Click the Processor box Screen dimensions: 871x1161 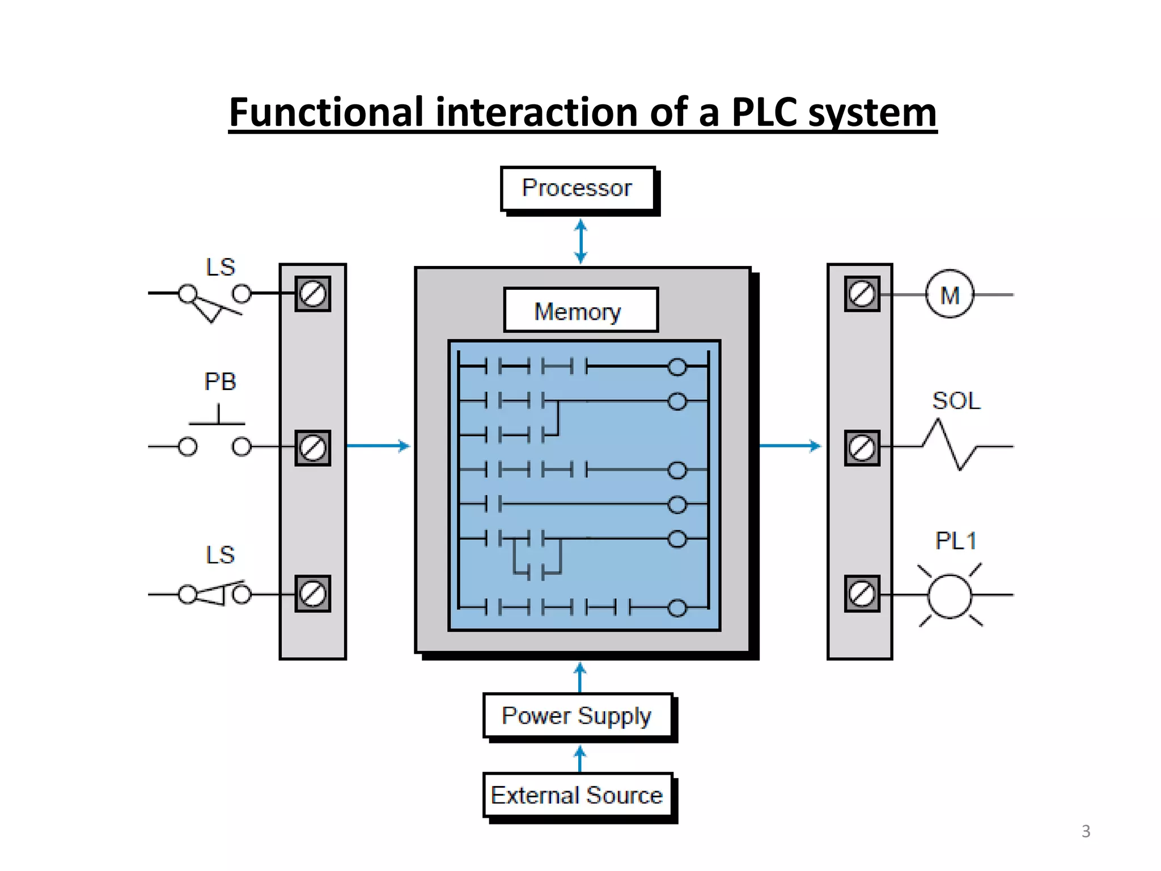coord(577,188)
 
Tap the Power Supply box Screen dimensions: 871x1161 coord(577,716)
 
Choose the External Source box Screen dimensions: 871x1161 coord(577,795)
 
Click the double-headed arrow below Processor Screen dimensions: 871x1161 coord(580,242)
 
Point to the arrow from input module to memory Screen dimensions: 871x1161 coord(378,446)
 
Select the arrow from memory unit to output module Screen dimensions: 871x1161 coord(790,446)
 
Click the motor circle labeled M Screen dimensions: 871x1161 coord(950,294)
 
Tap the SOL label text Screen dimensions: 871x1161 coord(956,401)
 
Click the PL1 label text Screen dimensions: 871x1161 coord(956,541)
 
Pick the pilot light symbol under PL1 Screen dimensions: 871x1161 coord(950,595)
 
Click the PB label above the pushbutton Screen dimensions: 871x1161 coord(220,382)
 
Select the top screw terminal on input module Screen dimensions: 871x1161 coord(312,294)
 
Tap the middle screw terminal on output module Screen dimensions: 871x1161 coord(862,448)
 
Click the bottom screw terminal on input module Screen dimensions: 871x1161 coord(312,594)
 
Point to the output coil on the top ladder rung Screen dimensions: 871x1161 coord(677,367)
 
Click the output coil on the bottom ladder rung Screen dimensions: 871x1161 coord(677,608)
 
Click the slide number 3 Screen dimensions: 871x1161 coord(1086,831)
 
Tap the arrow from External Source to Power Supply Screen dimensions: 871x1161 coord(579,759)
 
